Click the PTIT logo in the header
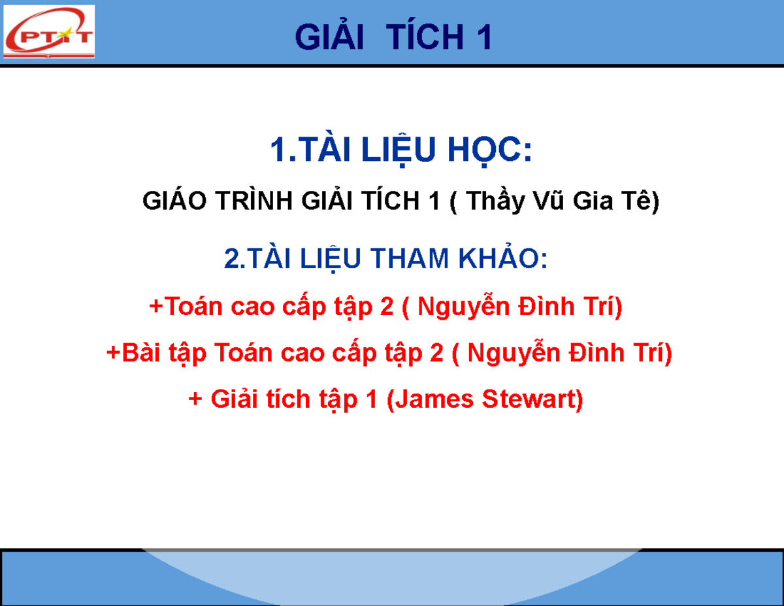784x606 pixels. pos(49,32)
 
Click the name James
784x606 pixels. pos(434,399)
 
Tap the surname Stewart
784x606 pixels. pos(531,399)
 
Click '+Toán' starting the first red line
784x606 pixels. pos(182,307)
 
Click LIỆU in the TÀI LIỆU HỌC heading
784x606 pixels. pos(400,152)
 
